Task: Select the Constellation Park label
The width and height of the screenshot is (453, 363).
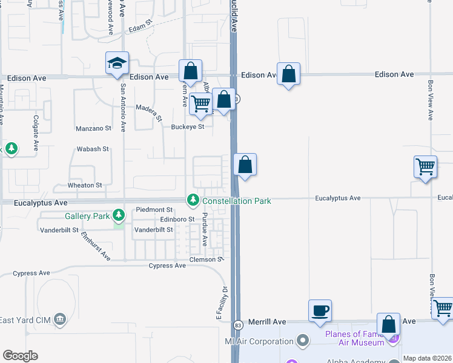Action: click(x=237, y=200)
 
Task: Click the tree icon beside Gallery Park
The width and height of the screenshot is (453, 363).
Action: click(x=119, y=215)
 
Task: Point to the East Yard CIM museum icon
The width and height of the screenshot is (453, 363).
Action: click(x=59, y=319)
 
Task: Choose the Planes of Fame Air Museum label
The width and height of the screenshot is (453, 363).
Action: click(x=354, y=338)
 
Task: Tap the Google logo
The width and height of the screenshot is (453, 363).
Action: click(x=20, y=355)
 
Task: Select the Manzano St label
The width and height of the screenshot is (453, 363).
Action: click(x=93, y=128)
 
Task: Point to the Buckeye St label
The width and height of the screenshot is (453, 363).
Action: click(x=188, y=127)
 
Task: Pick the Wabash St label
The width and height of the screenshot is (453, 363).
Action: click(x=92, y=149)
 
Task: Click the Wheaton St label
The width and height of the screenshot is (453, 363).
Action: click(x=81, y=185)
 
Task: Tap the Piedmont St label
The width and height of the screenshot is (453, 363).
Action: click(x=154, y=210)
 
